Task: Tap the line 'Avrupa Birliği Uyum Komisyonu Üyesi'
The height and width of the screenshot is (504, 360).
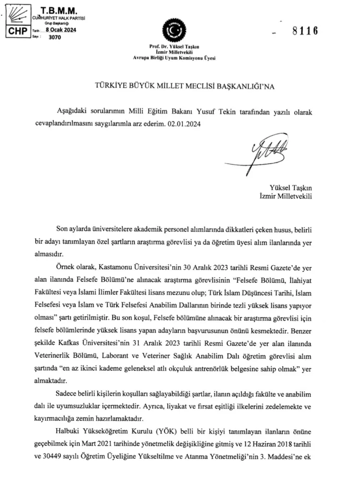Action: point(174,58)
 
